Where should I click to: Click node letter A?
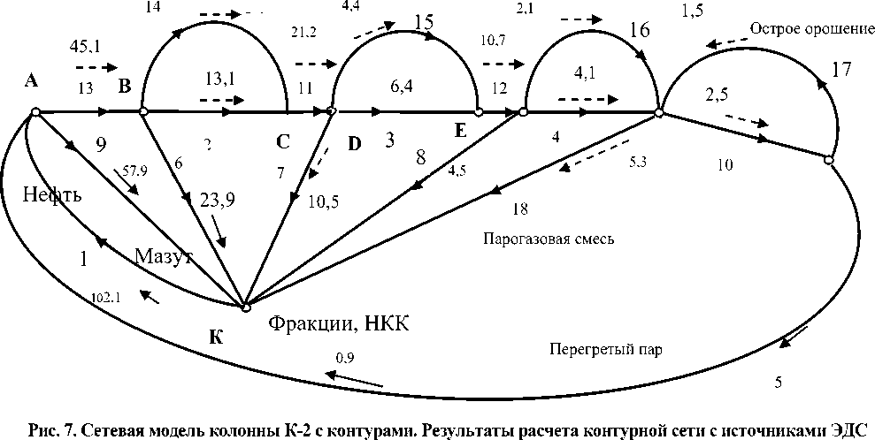pos(31,81)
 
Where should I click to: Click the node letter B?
pos(125,87)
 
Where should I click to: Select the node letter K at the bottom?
pos(216,337)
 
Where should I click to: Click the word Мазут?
pos(164,256)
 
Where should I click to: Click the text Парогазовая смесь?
pos(549,239)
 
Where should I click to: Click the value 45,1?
pos(84,47)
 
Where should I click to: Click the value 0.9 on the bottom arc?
pos(345,357)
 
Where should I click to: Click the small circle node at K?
pos(245,307)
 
